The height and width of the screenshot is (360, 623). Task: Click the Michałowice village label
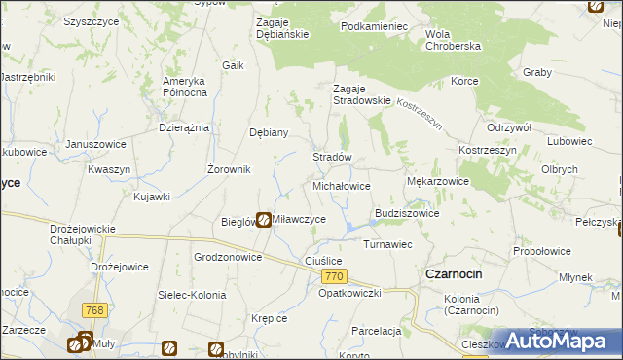click(x=341, y=185)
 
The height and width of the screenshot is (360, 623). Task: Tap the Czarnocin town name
click(x=454, y=274)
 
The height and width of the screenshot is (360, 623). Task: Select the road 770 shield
click(x=333, y=277)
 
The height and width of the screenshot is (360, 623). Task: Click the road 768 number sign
click(x=94, y=310)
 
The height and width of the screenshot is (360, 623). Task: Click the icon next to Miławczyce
click(x=263, y=220)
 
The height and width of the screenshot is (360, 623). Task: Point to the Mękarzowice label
click(x=437, y=181)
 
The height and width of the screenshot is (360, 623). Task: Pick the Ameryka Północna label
click(x=185, y=87)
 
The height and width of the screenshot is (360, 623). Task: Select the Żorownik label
click(x=230, y=169)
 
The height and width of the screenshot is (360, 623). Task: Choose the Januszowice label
click(x=96, y=144)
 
